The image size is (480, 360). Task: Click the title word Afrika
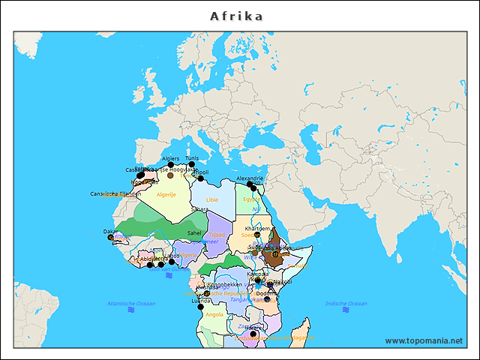[236, 16]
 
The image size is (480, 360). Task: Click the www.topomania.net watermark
[424, 341]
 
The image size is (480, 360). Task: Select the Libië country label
[212, 199]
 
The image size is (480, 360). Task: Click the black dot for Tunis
[192, 165]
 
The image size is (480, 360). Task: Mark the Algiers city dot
[170, 165]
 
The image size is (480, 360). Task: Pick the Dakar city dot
[111, 238]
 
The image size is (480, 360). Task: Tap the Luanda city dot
[200, 306]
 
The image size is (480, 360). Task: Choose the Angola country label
[214, 315]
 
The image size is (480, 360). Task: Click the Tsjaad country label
[217, 235]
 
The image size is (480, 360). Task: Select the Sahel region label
[194, 232]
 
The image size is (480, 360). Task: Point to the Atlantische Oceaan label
[131, 303]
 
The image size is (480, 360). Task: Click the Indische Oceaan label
[346, 303]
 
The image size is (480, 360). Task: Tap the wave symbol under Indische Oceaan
[346, 310]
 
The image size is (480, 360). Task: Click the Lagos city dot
[172, 262]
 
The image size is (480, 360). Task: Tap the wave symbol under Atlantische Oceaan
[169, 275]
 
